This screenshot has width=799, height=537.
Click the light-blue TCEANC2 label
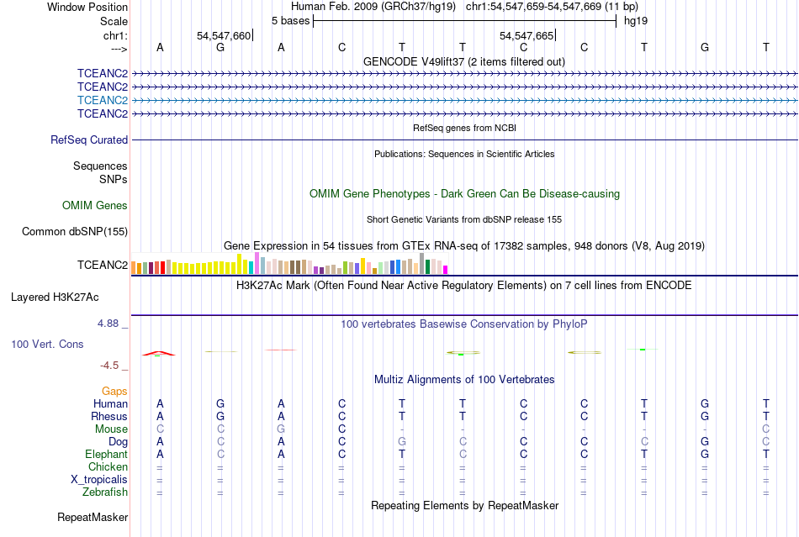pyautogui.click(x=102, y=100)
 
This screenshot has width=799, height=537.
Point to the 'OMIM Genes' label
pyautogui.click(x=95, y=205)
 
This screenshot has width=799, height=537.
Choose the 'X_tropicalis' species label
pyautogui.click(x=99, y=480)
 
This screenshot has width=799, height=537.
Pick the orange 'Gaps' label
pyautogui.click(x=114, y=392)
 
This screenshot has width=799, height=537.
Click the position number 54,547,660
pyautogui.click(x=223, y=35)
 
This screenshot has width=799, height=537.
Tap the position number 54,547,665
pyautogui.click(x=526, y=35)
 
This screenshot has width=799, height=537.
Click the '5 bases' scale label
pyautogui.click(x=290, y=20)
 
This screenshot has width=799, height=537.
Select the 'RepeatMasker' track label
pyautogui.click(x=92, y=517)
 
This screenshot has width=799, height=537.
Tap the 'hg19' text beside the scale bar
pyautogui.click(x=635, y=20)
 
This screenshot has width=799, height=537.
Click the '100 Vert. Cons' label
pyautogui.click(x=47, y=345)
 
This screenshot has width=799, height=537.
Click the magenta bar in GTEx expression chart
pyautogui.click(x=446, y=270)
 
